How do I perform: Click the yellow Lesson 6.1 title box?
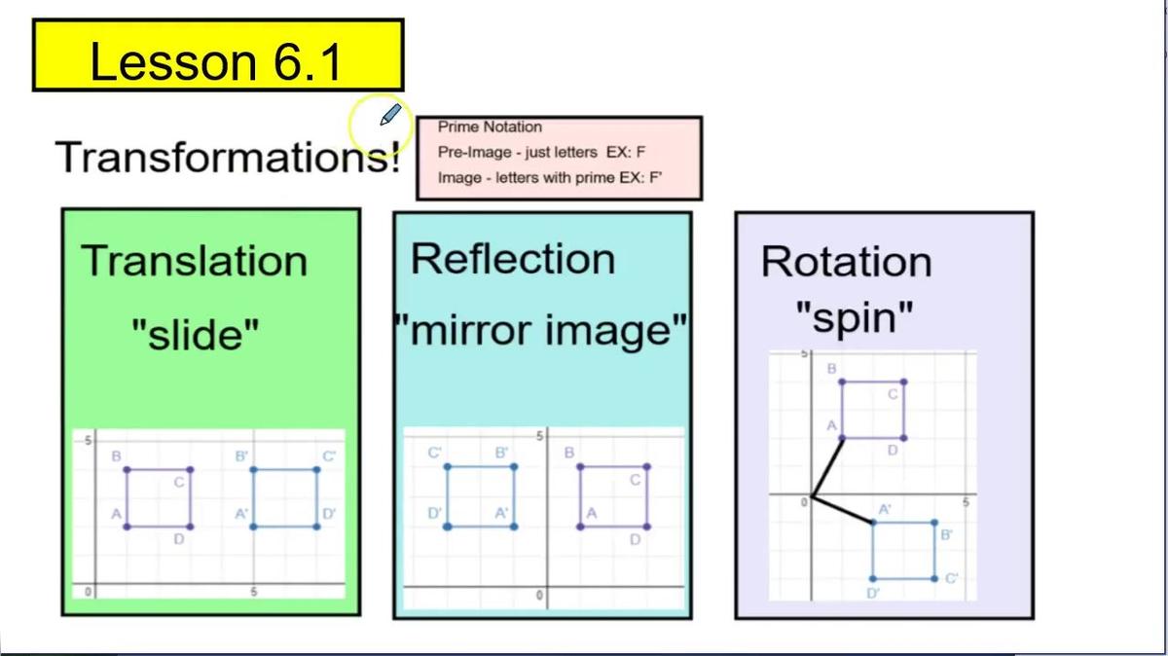(x=218, y=55)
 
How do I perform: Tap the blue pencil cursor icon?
(x=389, y=117)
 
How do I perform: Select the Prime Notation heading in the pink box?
(x=490, y=127)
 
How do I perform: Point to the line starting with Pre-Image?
(x=542, y=153)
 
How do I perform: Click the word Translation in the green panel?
(x=194, y=261)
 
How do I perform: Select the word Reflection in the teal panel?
(x=513, y=259)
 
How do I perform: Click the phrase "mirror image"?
(x=542, y=331)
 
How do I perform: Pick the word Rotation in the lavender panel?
(x=846, y=261)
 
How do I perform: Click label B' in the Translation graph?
(x=241, y=456)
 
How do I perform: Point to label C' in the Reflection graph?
(x=435, y=453)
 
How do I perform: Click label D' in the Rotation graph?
(x=873, y=593)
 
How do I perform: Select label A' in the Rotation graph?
(x=885, y=509)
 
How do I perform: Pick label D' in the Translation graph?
(x=329, y=513)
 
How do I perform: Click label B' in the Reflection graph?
(x=502, y=453)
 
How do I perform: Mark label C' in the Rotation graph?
(x=952, y=578)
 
